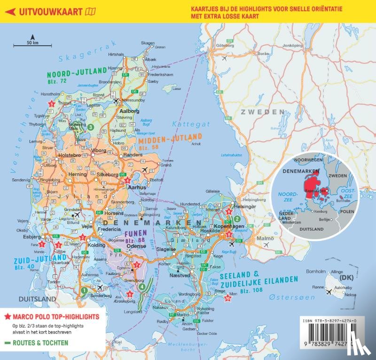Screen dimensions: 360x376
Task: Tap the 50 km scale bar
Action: (26, 45)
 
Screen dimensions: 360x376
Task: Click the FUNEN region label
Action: (135, 233)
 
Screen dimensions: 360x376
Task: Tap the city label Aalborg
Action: (131, 111)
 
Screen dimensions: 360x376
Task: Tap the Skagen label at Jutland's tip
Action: (148, 43)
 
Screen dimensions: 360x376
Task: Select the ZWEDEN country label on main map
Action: (262, 112)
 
